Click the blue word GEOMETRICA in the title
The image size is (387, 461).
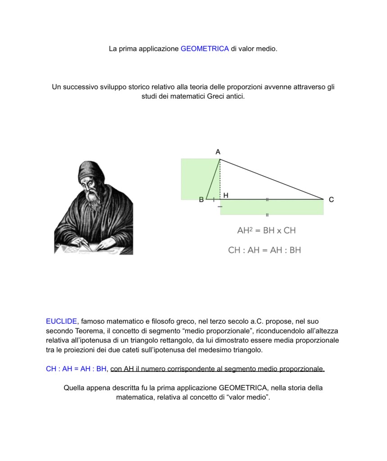205,48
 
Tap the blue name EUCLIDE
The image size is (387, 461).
61,321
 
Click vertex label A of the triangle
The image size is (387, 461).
218,152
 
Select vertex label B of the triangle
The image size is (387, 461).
201,200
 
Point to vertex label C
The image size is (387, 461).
331,200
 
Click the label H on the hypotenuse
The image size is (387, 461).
226,195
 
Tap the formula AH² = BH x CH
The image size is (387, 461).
266,231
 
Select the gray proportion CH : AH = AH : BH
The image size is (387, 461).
264,250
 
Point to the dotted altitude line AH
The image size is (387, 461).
220,180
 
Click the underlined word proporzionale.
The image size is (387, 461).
302,369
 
